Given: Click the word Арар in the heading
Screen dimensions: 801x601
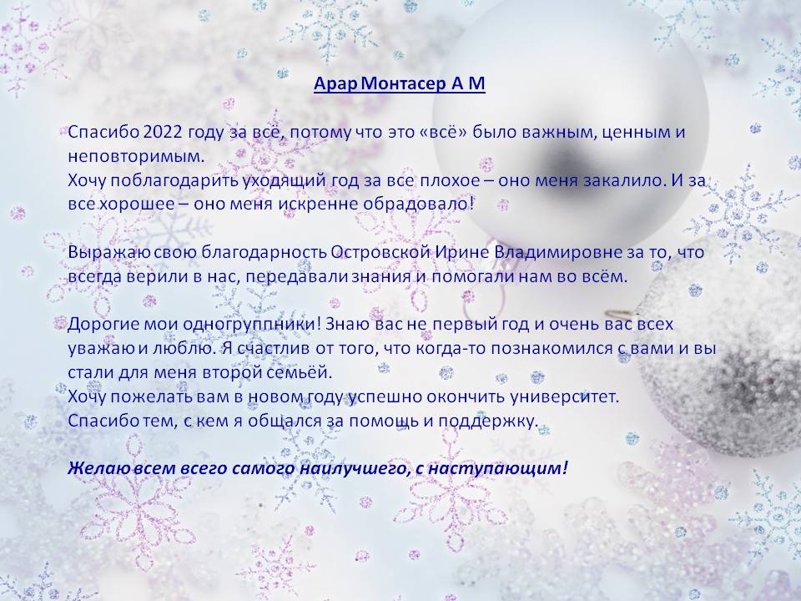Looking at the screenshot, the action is (x=335, y=84).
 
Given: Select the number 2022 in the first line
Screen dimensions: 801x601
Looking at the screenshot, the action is (x=163, y=132).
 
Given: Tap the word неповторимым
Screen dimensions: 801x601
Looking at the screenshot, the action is (x=136, y=157).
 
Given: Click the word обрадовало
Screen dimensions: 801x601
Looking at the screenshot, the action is (x=418, y=204).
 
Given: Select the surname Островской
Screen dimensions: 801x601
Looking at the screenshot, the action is (x=380, y=252).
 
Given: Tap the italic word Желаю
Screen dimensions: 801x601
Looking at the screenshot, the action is (x=99, y=468).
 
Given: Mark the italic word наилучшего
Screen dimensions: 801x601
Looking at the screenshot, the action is (x=356, y=468).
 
